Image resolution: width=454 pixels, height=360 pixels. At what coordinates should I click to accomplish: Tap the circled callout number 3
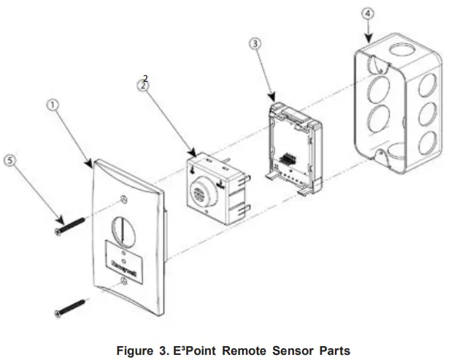pyautogui.click(x=254, y=44)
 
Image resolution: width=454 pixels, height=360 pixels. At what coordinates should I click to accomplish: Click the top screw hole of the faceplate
pyautogui.click(x=128, y=197)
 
